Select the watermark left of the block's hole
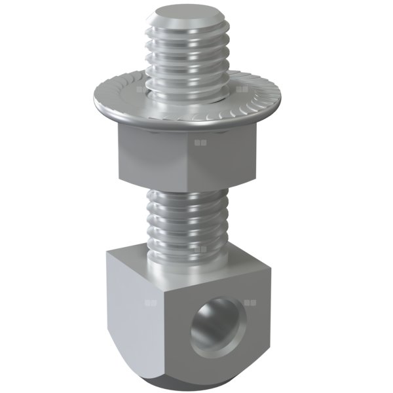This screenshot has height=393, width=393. (x=151, y=303)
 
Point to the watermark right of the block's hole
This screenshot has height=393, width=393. (x=248, y=303)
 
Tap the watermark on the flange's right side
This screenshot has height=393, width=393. (x=242, y=88)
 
